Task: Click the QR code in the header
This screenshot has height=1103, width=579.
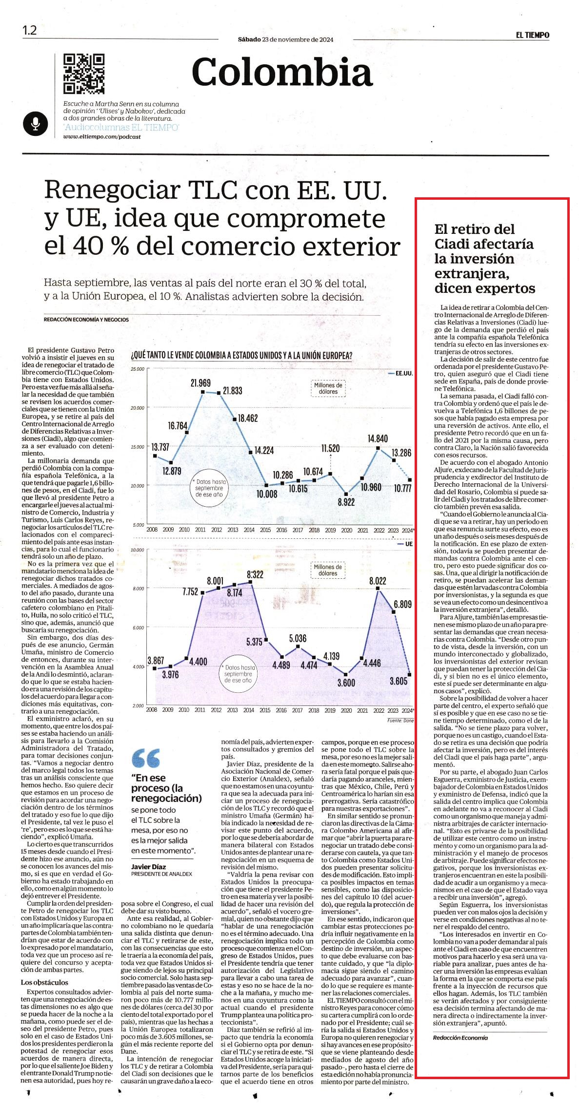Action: (84, 74)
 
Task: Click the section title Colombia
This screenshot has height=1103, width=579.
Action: (282, 72)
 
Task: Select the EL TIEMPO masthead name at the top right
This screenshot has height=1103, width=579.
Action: (533, 35)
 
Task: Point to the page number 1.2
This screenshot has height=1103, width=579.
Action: (29, 30)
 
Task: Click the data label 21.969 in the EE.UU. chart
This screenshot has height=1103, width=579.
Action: (200, 383)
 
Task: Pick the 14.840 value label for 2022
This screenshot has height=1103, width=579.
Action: (378, 438)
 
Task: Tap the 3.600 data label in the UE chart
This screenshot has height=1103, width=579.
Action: (346, 683)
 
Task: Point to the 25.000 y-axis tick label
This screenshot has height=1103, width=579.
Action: (138, 369)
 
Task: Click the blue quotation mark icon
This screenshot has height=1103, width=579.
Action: (145, 758)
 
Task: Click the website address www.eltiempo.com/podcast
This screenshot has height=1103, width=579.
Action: (102, 137)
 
